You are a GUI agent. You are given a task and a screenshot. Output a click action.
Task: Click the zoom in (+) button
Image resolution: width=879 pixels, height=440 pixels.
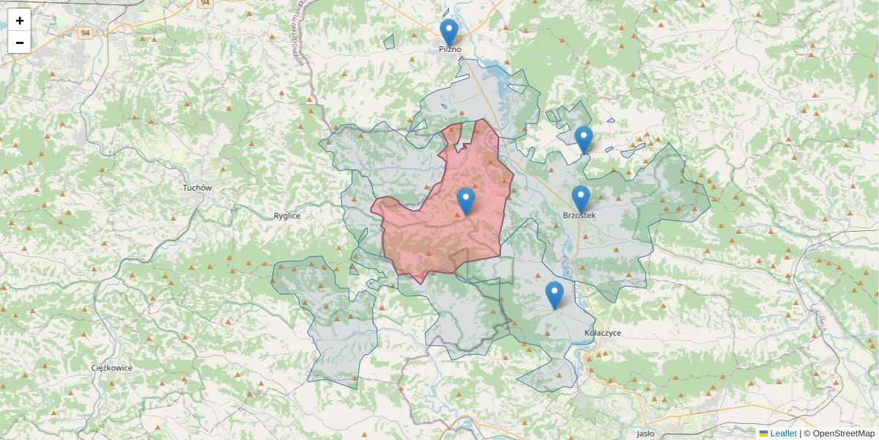(x=19, y=21)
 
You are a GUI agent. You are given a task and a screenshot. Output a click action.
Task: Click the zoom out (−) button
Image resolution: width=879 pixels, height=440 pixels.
(x=19, y=43)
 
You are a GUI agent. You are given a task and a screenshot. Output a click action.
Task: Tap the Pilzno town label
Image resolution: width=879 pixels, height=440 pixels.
(x=450, y=49)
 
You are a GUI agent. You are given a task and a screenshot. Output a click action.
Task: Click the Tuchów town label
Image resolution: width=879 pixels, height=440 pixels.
(x=197, y=188)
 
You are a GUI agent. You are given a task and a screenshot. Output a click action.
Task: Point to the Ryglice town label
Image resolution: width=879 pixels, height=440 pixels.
(x=287, y=216)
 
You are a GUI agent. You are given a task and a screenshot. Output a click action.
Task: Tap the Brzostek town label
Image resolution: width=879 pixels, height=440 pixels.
(x=579, y=216)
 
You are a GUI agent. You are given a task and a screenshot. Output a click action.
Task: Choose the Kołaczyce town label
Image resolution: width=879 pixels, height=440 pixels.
(x=603, y=333)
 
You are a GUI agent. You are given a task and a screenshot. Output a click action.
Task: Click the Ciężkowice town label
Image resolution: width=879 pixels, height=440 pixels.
(x=112, y=367)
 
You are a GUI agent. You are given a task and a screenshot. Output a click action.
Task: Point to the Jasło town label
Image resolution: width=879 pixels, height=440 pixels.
(x=645, y=433)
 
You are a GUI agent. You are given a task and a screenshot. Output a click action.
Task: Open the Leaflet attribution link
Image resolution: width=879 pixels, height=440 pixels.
(x=783, y=433)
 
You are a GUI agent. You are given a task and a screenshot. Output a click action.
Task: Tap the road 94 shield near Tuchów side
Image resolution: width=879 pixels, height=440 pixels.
(x=86, y=33)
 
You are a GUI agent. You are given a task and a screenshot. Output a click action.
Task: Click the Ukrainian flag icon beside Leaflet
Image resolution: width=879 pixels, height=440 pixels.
(x=764, y=433)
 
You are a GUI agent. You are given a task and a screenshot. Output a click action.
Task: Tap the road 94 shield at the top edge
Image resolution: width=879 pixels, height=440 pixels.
(x=206, y=3)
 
